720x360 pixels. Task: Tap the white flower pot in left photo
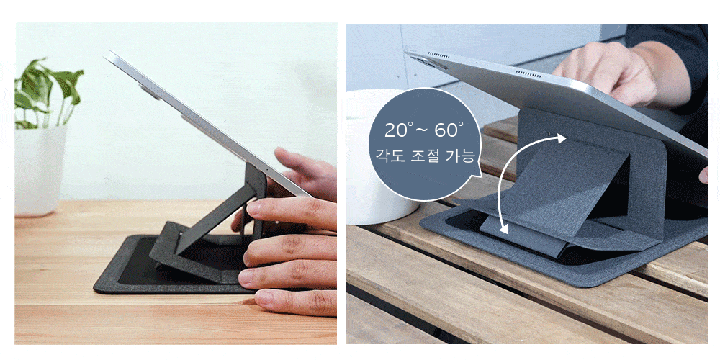pyautogui.click(x=40, y=171)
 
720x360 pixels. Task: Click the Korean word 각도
pyautogui.click(x=389, y=156)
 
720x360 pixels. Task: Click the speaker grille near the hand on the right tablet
pyautogui.click(x=528, y=73)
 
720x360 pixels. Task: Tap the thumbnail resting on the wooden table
pyautogui.click(x=264, y=299)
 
